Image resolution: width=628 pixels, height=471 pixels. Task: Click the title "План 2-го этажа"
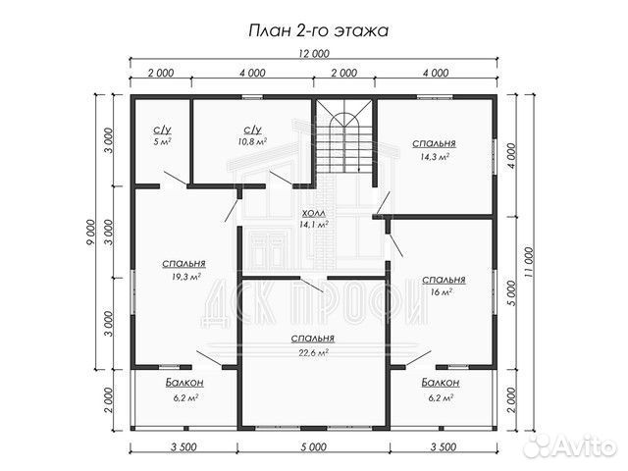click(x=315, y=30)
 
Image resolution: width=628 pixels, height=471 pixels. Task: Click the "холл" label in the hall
click(x=314, y=212)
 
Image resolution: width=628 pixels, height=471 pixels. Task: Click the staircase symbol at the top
click(x=342, y=137)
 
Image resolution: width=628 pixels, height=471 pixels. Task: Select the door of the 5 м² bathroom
click(x=175, y=178)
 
